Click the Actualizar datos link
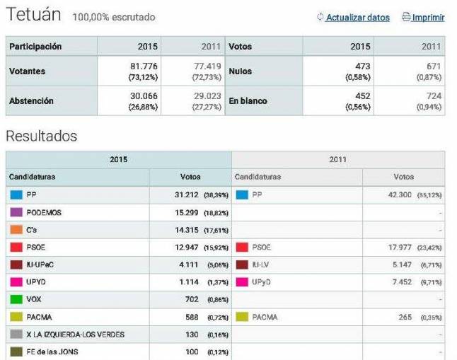pyautogui.click(x=357, y=18)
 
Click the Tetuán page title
pyautogui.click(x=33, y=15)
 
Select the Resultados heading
pyautogui.click(x=41, y=136)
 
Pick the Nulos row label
pyautogui.click(x=241, y=71)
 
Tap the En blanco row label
pyautogui.click(x=248, y=101)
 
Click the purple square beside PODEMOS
pyautogui.click(x=16, y=212)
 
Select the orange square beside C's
pyautogui.click(x=16, y=230)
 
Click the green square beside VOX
pyautogui.click(x=16, y=299)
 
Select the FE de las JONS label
pyautogui.click(x=52, y=352)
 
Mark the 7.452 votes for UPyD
pyautogui.click(x=399, y=282)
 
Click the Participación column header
pyautogui.click(x=35, y=47)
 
